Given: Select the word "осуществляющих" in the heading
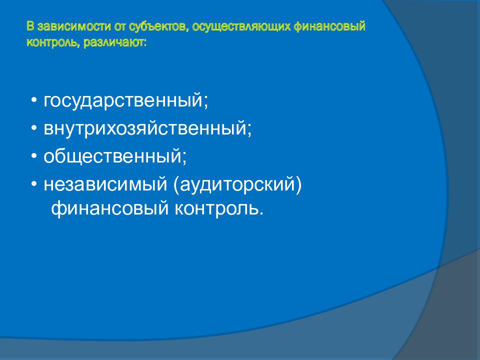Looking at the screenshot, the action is (241, 27).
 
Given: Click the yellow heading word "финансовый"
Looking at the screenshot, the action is (329, 26).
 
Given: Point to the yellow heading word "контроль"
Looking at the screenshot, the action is (53, 42).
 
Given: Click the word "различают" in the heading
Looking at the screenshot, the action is (114, 42).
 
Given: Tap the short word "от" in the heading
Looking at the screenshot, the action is (119, 27).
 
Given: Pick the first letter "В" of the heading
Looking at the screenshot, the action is (30, 26).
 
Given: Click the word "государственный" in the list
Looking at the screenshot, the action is (123, 100).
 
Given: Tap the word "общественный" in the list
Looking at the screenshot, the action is (112, 156).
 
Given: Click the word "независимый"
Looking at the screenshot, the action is (104, 184).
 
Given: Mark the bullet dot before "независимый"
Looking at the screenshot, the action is (34, 184).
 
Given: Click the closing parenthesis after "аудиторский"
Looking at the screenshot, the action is (298, 184).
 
